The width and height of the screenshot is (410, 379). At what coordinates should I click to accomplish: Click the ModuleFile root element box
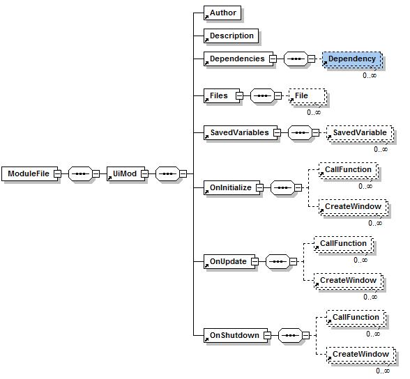(x=29, y=173)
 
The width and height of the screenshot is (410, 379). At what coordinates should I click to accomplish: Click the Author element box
(x=222, y=13)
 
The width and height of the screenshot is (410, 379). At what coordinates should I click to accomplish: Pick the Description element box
(x=231, y=36)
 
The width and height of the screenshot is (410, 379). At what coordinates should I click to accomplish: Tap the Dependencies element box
(x=236, y=59)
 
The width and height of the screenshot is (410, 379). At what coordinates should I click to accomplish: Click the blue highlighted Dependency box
(x=351, y=59)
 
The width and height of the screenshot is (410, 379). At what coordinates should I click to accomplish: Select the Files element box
(x=218, y=96)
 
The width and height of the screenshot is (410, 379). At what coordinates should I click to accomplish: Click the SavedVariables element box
(x=238, y=132)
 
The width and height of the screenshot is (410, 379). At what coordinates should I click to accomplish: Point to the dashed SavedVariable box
(x=358, y=132)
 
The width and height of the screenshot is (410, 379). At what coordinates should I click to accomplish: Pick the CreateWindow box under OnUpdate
(x=347, y=281)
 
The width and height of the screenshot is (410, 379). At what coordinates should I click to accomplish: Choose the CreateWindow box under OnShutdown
(x=359, y=355)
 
